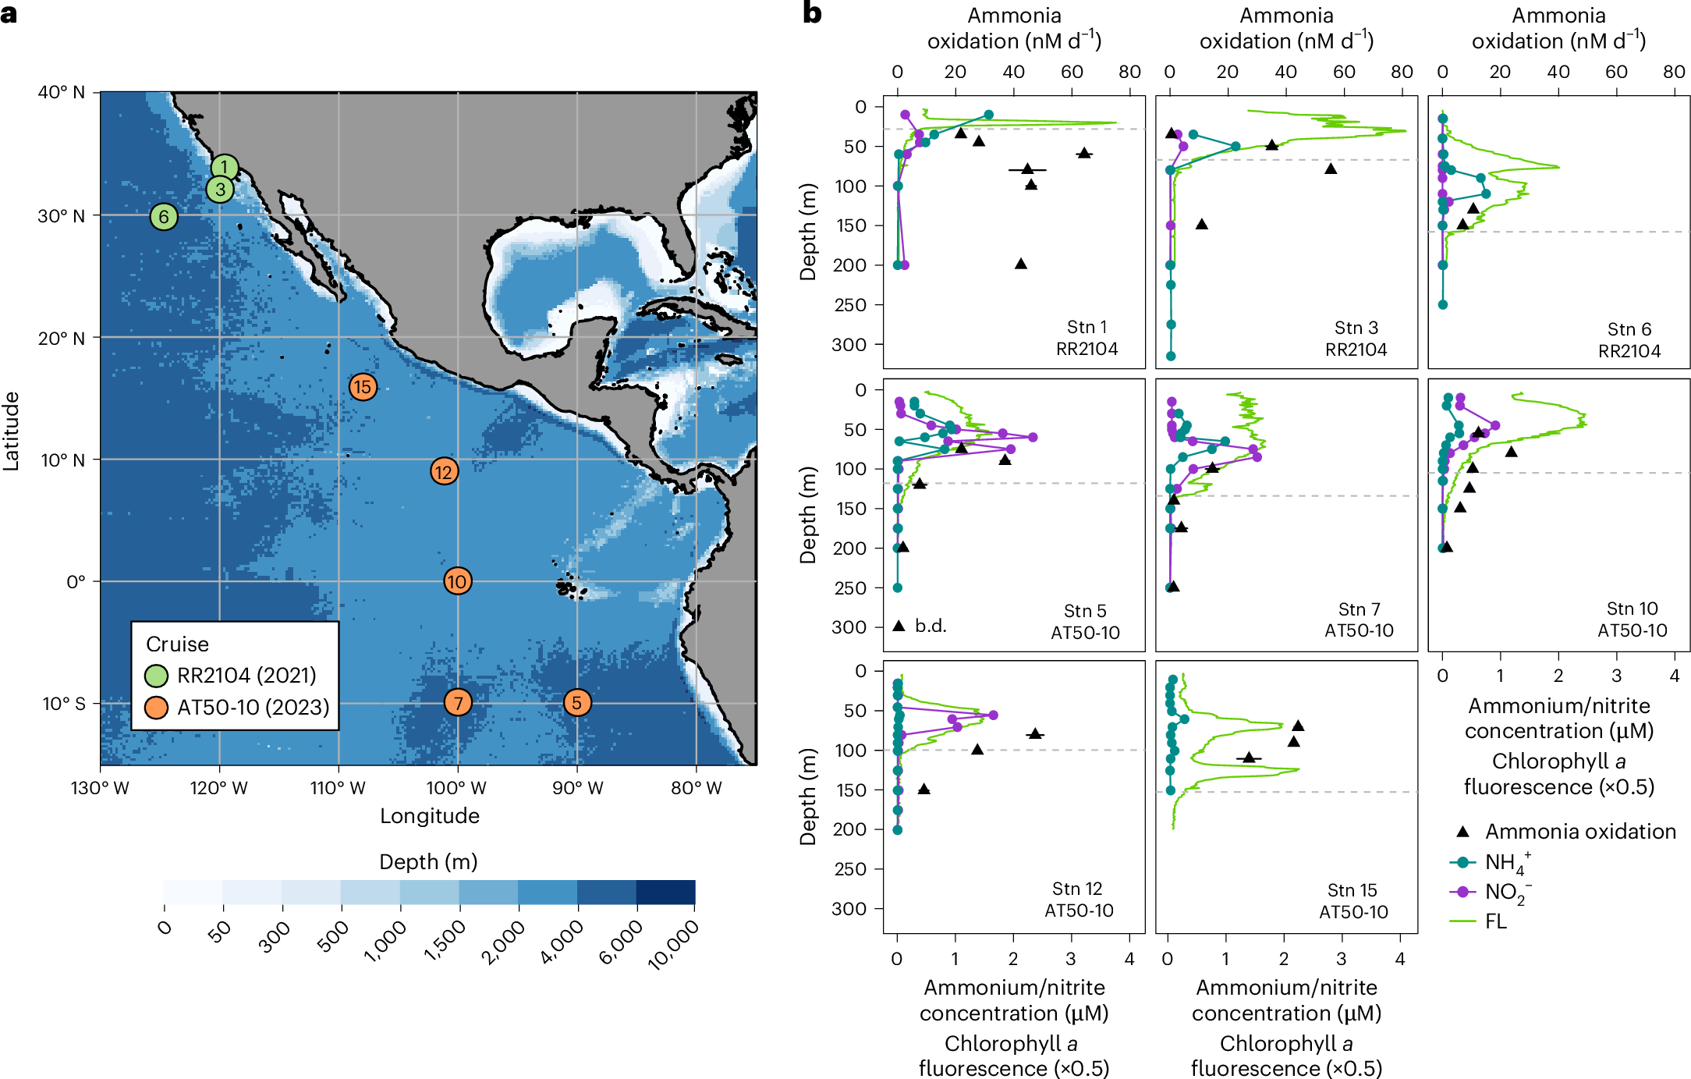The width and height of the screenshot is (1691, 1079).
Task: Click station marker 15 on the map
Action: (x=363, y=387)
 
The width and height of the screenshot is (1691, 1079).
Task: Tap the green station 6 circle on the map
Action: (x=164, y=217)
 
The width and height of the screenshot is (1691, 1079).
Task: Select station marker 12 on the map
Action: (x=444, y=471)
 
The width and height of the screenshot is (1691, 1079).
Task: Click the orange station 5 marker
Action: (x=577, y=703)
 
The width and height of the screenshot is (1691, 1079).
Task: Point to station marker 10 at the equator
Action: (x=457, y=581)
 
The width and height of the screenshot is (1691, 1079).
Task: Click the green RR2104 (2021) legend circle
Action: (x=157, y=676)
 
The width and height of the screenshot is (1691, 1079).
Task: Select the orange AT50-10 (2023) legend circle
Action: (x=157, y=708)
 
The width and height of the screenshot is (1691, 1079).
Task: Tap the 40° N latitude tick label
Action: (x=62, y=92)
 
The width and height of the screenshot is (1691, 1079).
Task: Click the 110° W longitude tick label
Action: (x=338, y=788)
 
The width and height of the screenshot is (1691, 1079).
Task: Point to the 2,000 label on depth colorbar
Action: (x=504, y=942)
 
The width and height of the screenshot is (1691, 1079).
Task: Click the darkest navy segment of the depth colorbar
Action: (x=665, y=893)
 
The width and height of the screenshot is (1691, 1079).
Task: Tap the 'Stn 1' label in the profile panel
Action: (x=1087, y=327)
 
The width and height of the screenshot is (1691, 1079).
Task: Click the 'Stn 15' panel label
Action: (x=1352, y=890)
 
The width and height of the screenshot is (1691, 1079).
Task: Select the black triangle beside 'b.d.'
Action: (x=899, y=626)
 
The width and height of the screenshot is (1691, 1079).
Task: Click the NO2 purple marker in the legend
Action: (x=1462, y=892)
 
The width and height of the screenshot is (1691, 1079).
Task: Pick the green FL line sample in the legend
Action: (x=1462, y=921)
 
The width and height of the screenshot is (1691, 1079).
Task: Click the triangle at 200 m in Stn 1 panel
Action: (x=1020, y=264)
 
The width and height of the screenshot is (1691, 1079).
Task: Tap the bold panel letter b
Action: (x=812, y=13)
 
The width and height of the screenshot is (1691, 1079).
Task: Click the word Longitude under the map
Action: (x=430, y=816)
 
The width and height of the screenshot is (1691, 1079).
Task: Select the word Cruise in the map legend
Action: (x=178, y=644)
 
